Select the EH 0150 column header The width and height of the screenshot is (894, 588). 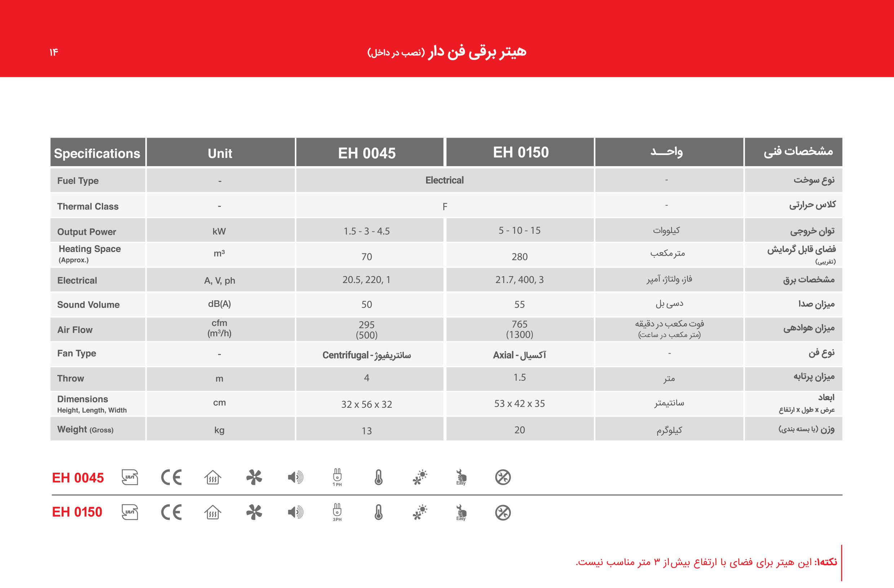coord(521,152)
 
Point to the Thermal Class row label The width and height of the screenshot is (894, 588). coord(88,206)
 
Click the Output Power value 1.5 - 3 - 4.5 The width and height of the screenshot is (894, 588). coord(367,231)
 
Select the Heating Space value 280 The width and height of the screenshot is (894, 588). coord(519,257)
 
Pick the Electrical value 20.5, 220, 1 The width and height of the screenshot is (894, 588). coord(366,280)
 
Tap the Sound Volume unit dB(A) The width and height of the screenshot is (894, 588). coord(220,304)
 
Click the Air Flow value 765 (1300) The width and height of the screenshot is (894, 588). coord(519,329)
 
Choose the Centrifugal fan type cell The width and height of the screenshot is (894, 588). coord(367,355)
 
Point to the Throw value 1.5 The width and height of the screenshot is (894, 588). coord(519,377)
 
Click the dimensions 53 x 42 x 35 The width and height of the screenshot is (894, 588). coord(519,403)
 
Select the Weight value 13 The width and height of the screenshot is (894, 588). coord(367,430)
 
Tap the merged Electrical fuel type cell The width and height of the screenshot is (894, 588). coord(444,180)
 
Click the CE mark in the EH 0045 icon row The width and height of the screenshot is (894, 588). coord(171,478)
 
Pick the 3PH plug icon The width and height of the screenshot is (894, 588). coord(337,512)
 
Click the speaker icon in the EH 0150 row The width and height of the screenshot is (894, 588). coord(295,512)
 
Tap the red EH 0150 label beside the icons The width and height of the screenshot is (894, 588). coord(77,512)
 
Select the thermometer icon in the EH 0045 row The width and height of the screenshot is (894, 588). coord(379,478)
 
